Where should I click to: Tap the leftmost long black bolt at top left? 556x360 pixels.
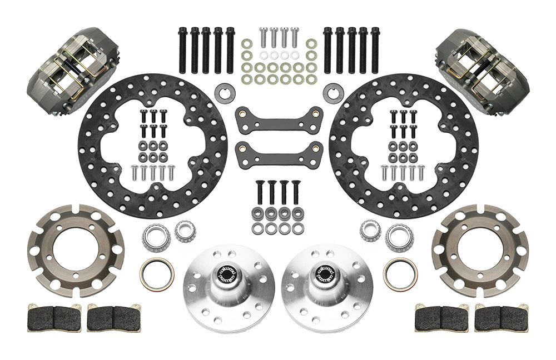click(182, 49)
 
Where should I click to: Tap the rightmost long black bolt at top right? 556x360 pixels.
click(375, 49)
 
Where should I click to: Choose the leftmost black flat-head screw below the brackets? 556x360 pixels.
click(259, 192)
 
